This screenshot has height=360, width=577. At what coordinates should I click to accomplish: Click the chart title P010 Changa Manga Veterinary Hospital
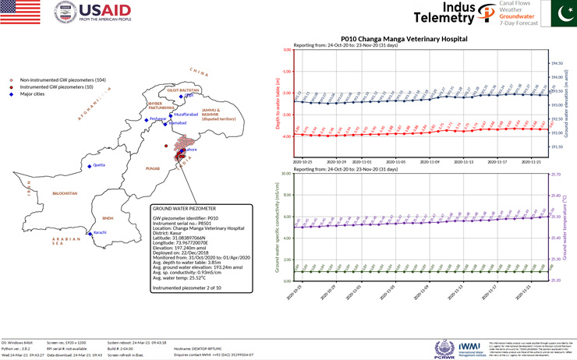[404, 37]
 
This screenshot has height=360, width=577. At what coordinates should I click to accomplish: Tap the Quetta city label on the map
[98, 165]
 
